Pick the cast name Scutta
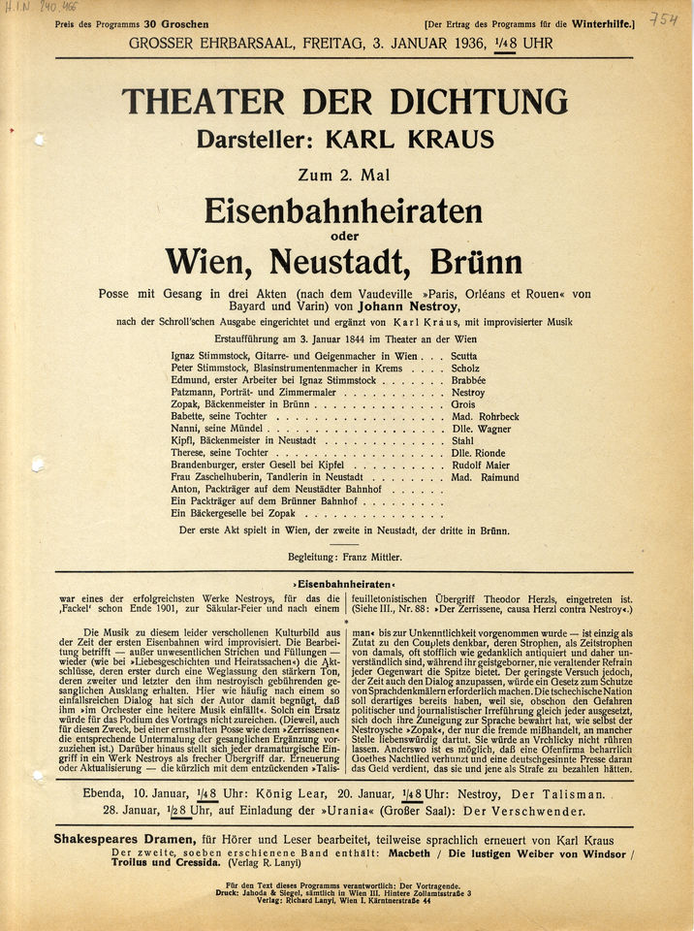tap(463, 356)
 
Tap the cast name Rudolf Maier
tap(481, 465)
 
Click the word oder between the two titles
tap(344, 235)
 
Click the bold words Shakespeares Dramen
tap(119, 836)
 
